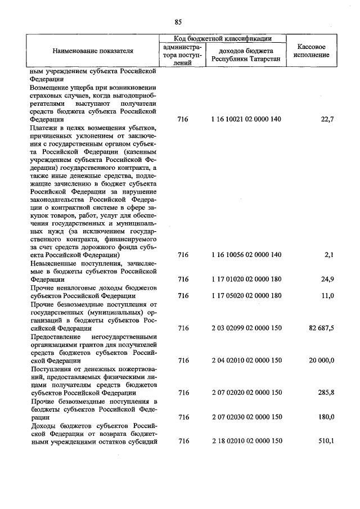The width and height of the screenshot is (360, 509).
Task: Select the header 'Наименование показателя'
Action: [93, 51]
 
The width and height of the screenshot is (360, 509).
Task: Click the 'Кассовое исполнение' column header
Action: [311, 51]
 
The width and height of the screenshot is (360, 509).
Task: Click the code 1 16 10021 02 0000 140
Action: [246, 119]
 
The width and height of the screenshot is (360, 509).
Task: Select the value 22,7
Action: [327, 119]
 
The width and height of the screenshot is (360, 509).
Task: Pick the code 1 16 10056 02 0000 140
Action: [246, 255]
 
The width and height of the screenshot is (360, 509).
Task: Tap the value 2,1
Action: [330, 255]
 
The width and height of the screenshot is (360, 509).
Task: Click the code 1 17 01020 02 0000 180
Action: [246, 279]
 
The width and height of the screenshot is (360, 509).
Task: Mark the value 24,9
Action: [327, 279]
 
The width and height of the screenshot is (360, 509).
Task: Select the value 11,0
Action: [327, 295]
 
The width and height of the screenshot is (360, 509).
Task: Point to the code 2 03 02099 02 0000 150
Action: [246, 328]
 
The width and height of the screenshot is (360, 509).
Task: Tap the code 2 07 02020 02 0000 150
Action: [246, 393]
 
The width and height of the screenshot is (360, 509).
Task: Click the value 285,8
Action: [326, 393]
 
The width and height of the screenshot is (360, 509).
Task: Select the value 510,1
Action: [326, 442]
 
